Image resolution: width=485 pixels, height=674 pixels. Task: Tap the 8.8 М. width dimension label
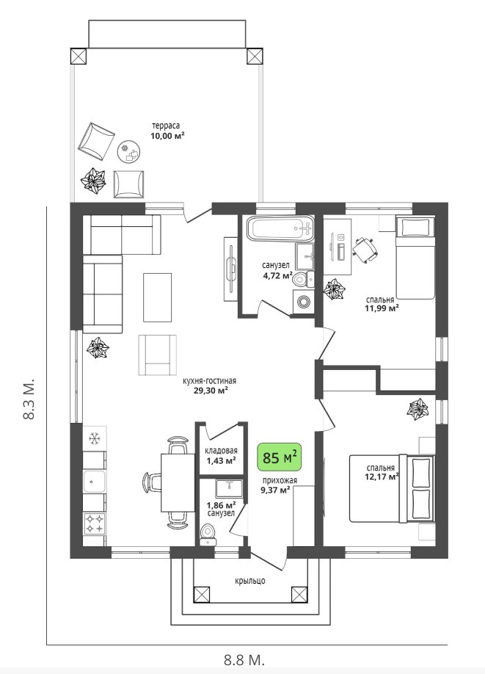click(x=244, y=659)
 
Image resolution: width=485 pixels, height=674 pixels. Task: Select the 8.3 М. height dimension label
click(x=29, y=400)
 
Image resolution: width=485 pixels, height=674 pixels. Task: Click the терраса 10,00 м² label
click(x=167, y=130)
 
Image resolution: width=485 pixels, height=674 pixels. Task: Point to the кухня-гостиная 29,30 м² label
click(x=210, y=385)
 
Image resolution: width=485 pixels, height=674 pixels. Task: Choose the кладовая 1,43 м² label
click(x=221, y=455)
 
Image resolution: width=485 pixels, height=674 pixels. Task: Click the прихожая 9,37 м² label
click(x=279, y=485)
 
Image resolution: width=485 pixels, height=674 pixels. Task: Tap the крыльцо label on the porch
click(x=250, y=580)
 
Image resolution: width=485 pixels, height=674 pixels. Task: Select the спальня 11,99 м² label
click(x=382, y=303)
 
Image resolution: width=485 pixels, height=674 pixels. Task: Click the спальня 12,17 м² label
click(x=381, y=471)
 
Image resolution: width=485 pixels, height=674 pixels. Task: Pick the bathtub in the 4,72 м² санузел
click(x=280, y=229)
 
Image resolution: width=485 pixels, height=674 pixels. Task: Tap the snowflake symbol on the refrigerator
click(x=94, y=439)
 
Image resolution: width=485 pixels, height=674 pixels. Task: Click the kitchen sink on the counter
click(x=93, y=482)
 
